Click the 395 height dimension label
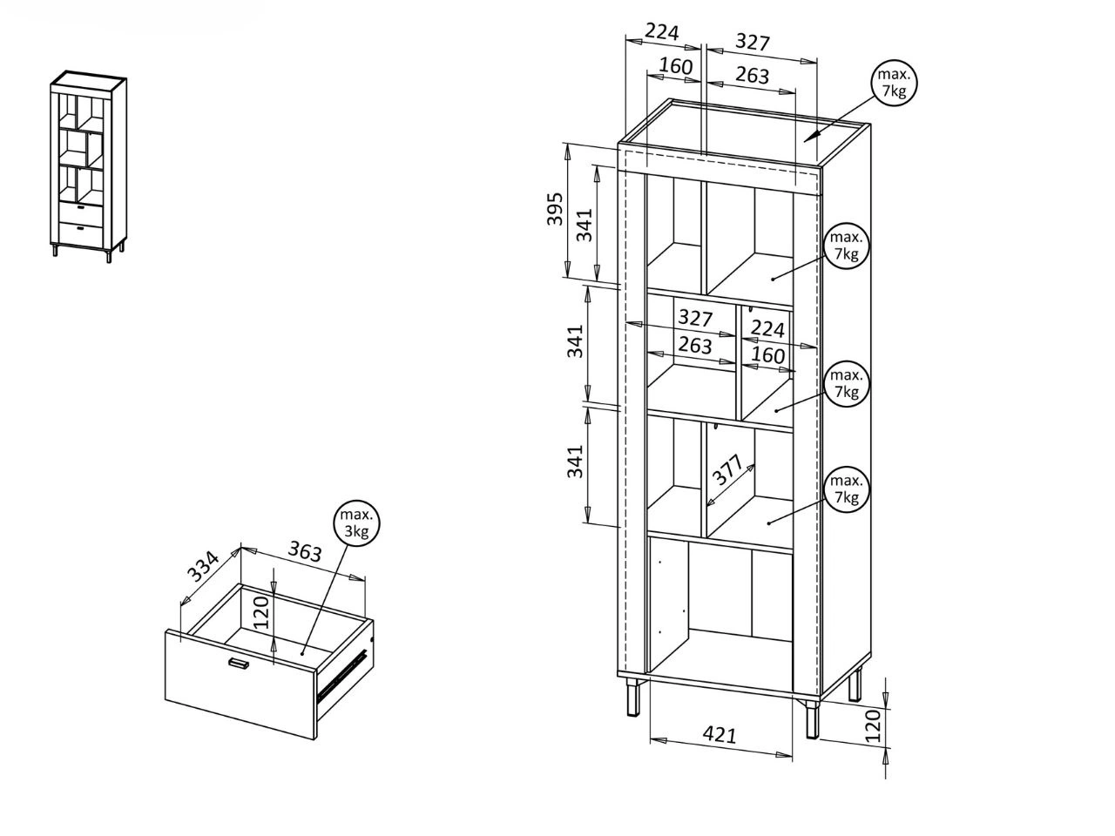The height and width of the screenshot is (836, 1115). click(555, 209)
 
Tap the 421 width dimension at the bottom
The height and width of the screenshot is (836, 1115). click(720, 734)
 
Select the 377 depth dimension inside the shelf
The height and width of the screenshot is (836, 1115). click(727, 469)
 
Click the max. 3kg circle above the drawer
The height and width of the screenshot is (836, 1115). click(356, 522)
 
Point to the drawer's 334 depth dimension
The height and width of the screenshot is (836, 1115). click(203, 566)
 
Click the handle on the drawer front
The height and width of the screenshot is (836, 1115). click(237, 663)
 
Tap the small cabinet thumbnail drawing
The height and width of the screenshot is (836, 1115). click(88, 166)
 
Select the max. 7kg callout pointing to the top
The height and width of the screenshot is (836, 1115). click(895, 83)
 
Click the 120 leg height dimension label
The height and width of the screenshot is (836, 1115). click(872, 726)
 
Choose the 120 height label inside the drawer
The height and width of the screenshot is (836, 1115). click(260, 613)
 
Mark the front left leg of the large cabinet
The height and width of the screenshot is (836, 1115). click(633, 696)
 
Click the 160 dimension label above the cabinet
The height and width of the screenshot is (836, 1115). click(676, 66)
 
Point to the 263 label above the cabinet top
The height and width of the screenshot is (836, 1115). click(752, 75)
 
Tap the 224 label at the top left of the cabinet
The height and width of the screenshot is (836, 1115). click(661, 32)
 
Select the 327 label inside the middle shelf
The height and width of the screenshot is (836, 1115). click(695, 318)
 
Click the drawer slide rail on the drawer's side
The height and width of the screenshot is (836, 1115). click(341, 675)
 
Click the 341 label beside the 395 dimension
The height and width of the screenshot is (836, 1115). click(585, 224)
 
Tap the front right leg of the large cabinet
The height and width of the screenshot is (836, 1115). click(812, 719)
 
